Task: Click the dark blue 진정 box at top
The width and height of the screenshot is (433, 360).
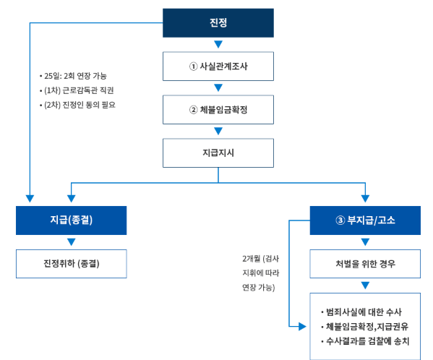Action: pyautogui.click(x=218, y=22)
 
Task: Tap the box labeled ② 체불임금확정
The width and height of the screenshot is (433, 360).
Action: pyautogui.click(x=218, y=110)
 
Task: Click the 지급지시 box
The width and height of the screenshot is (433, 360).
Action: pyautogui.click(x=218, y=153)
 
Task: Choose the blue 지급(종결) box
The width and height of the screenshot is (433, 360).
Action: pyautogui.click(x=71, y=220)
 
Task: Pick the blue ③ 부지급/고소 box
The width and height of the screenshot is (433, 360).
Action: pyautogui.click(x=365, y=220)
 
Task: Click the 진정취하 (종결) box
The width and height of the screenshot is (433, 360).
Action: pyautogui.click(x=71, y=263)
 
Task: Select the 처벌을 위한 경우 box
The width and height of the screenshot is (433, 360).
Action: pyautogui.click(x=365, y=263)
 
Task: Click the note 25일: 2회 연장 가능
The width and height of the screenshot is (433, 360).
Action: pyautogui.click(x=75, y=76)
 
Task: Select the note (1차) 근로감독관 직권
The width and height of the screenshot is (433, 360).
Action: pyautogui.click(x=76, y=90)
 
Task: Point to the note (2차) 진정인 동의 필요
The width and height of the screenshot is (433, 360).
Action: pyautogui.click(x=77, y=105)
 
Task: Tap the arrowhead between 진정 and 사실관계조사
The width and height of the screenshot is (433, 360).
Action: pyautogui.click(x=218, y=44)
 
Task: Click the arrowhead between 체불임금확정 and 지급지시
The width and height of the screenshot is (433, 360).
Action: pyautogui.click(x=218, y=132)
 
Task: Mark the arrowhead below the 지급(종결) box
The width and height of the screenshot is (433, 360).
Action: pyautogui.click(x=71, y=242)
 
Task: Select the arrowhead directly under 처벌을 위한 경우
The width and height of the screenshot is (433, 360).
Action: pyautogui.click(x=365, y=286)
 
